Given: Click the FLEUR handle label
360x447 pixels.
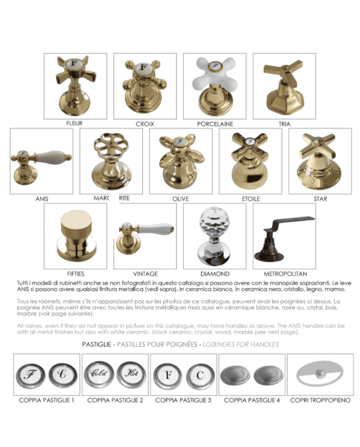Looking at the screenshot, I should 75,123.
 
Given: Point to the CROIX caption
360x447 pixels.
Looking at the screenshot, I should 145,124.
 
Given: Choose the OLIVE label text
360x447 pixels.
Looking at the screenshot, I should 181,199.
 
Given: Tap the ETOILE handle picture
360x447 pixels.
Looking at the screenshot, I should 250,160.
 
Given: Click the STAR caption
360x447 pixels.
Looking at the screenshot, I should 320,199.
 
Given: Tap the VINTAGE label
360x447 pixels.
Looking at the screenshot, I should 145,274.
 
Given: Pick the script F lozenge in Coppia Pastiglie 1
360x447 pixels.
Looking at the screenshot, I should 29,374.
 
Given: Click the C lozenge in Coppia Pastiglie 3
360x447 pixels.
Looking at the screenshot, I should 199,374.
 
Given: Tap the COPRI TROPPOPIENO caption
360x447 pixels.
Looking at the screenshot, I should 320,400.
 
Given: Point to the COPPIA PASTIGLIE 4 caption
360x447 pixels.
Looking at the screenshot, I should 252,400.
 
